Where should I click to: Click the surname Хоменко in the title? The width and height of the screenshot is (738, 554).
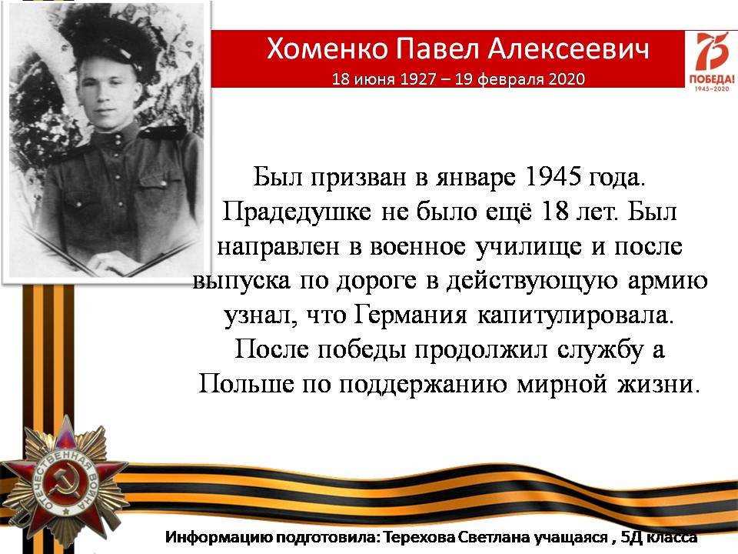click(x=327, y=48)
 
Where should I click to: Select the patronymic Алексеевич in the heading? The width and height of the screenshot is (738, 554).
click(x=568, y=48)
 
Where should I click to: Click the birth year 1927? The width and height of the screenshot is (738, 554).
click(x=417, y=78)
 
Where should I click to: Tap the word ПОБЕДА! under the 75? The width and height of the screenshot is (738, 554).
click(x=712, y=78)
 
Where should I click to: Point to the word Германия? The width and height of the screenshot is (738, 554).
click(x=410, y=315)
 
